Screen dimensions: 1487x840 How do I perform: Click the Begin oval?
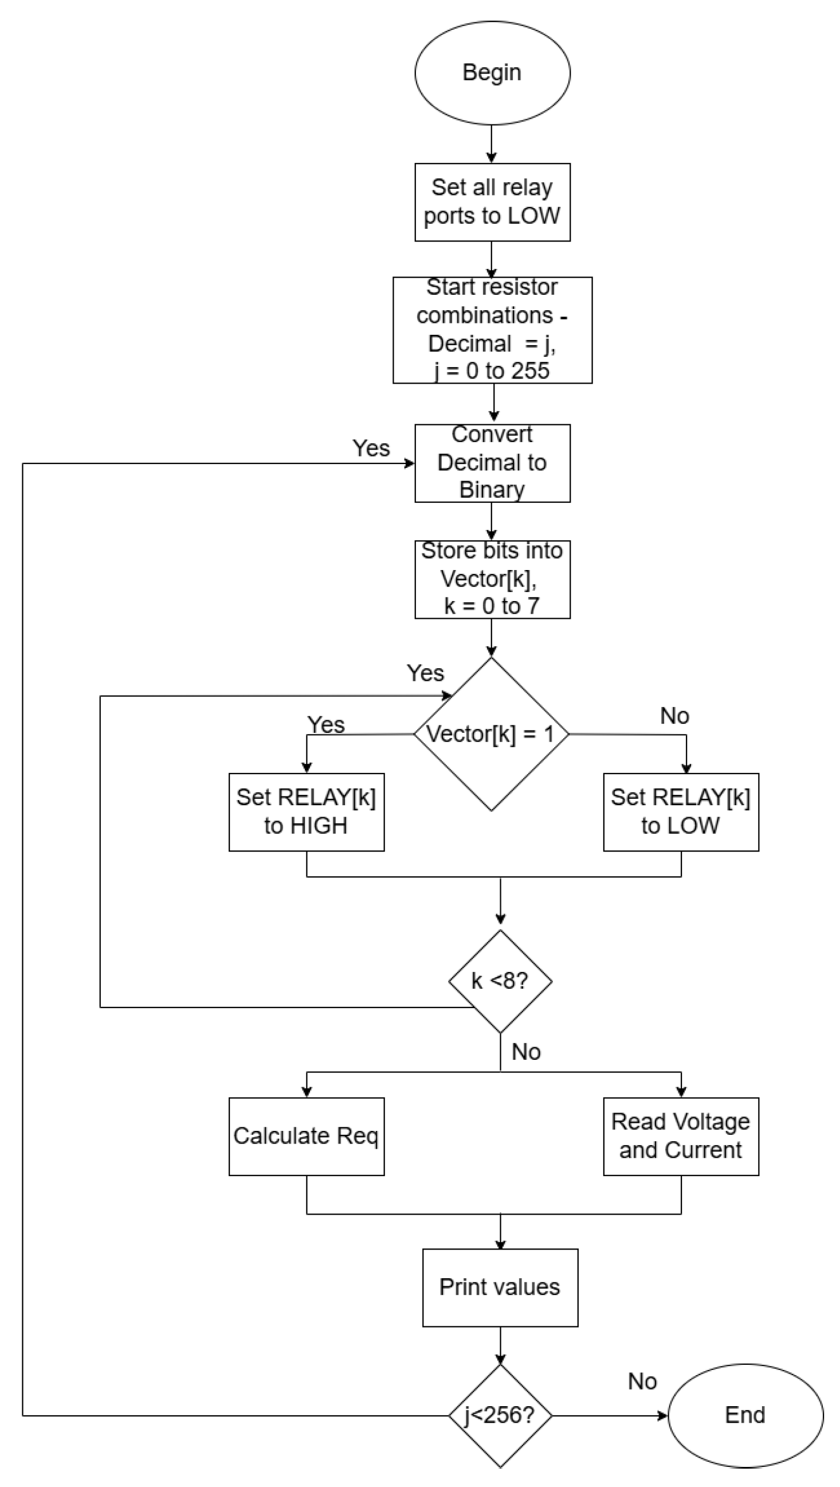492,73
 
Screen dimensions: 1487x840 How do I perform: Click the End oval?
745,1415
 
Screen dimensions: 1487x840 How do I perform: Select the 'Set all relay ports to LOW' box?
492,202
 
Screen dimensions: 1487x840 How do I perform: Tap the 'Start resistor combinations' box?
492,330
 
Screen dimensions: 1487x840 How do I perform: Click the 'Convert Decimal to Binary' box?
492,463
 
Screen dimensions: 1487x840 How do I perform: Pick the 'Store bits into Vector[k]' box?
492,579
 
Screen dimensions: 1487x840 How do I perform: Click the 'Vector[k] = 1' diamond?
491,733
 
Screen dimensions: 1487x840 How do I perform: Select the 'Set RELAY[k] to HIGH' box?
307,811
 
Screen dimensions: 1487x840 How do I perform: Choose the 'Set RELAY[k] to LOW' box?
681,811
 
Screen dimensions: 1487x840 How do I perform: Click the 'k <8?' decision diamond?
500,981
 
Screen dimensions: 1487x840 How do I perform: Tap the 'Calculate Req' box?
307,1136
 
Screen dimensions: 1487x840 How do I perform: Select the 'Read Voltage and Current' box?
681,1136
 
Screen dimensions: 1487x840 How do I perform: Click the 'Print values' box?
500,1287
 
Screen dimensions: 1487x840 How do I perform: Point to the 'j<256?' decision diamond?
500,1415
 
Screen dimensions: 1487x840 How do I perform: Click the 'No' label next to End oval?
642,1382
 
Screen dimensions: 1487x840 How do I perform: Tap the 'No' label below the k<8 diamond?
525,1052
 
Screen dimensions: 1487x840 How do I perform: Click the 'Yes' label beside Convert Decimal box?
371,448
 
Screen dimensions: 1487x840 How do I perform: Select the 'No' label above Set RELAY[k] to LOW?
674,716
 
